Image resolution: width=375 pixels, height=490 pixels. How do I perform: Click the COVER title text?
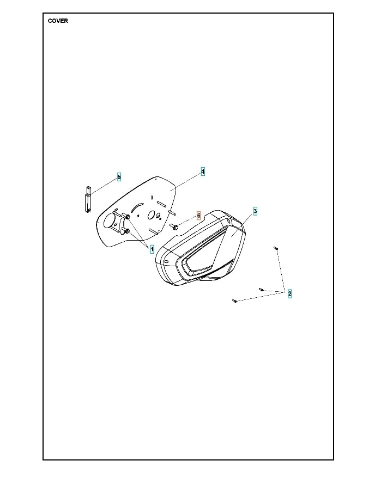(58, 21)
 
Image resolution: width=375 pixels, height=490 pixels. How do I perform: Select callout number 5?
(119, 177)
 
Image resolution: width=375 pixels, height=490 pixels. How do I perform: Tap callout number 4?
(203, 171)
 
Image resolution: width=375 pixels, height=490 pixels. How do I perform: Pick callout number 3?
(255, 211)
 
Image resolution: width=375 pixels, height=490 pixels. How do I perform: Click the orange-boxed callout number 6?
(199, 216)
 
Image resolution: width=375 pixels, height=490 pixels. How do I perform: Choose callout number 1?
(152, 248)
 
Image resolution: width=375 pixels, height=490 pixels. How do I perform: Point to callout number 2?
(289, 293)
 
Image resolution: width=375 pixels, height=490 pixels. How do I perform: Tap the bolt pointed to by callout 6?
(174, 225)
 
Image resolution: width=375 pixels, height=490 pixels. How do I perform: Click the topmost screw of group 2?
(276, 248)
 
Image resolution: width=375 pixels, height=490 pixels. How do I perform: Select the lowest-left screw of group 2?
(234, 300)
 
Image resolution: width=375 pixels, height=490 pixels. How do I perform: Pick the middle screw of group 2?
(261, 289)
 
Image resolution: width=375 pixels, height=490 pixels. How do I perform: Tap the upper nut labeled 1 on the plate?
(128, 218)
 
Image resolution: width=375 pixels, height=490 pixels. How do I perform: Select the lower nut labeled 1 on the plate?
(127, 231)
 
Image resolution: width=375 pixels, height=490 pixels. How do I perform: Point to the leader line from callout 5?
(104, 186)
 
